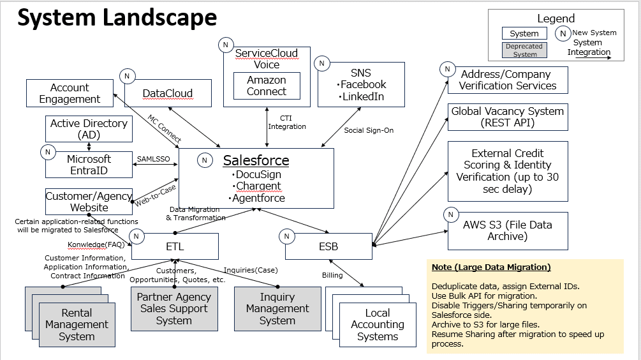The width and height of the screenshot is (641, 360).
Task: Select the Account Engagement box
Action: click(70, 93)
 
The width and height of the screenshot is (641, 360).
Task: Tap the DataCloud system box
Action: click(167, 93)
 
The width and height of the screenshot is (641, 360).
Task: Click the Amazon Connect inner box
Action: click(267, 86)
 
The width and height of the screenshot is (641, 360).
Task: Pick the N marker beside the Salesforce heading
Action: click(205, 160)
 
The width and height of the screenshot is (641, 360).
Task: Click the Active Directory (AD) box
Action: click(89, 129)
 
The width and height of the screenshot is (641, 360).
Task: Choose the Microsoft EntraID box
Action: click(89, 165)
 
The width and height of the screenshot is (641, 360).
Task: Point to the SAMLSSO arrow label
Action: click(154, 159)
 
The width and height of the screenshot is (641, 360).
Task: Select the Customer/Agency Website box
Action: click(89, 202)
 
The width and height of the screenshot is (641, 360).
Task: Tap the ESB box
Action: click(328, 246)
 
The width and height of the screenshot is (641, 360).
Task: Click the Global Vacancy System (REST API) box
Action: click(508, 117)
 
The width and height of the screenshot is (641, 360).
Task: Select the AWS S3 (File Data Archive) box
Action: click(508, 230)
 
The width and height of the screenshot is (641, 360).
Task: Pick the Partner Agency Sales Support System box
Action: click(173, 309)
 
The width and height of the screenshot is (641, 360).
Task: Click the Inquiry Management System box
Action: click(277, 309)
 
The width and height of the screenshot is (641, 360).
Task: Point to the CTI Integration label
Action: click(286, 122)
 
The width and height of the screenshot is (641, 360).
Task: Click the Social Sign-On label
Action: click(369, 130)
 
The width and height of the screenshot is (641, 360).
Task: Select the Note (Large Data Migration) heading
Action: click(490, 267)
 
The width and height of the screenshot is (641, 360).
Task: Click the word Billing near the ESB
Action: click(332, 275)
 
